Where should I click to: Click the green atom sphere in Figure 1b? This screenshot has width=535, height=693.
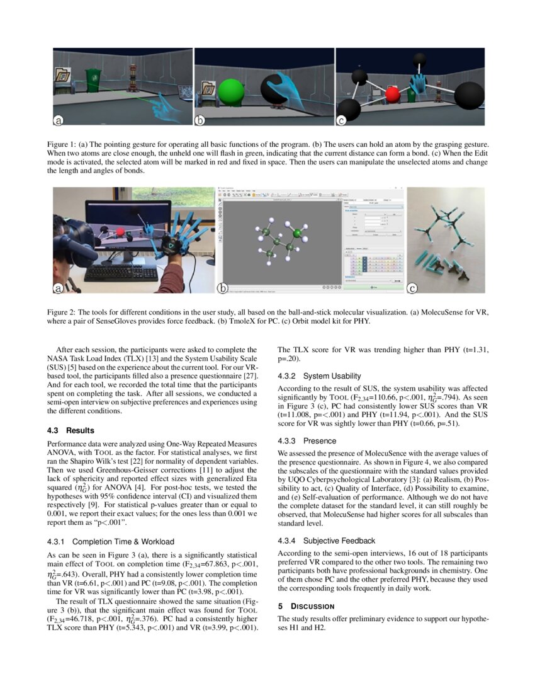click(x=231, y=92)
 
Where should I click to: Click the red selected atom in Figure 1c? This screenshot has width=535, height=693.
click(x=392, y=95)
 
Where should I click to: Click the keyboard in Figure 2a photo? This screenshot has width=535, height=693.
click(x=121, y=273)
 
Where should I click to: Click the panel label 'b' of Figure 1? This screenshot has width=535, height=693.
click(x=200, y=120)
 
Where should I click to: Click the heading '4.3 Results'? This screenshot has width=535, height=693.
click(x=71, y=431)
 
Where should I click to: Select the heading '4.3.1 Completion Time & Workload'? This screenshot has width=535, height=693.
click(x=111, y=541)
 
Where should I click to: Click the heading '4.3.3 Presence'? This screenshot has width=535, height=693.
click(x=307, y=441)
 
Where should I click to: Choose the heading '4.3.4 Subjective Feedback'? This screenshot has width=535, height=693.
click(x=326, y=541)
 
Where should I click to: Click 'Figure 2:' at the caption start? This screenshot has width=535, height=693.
click(x=62, y=312)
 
